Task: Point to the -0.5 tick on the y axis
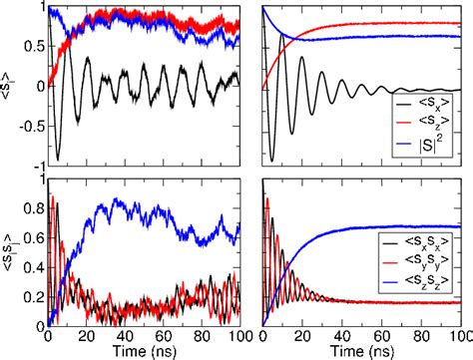[30, 125]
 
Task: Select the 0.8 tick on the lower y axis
[34, 210]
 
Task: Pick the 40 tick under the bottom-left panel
[127, 336]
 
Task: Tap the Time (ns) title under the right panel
[361, 351]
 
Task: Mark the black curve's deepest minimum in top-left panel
[57, 159]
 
